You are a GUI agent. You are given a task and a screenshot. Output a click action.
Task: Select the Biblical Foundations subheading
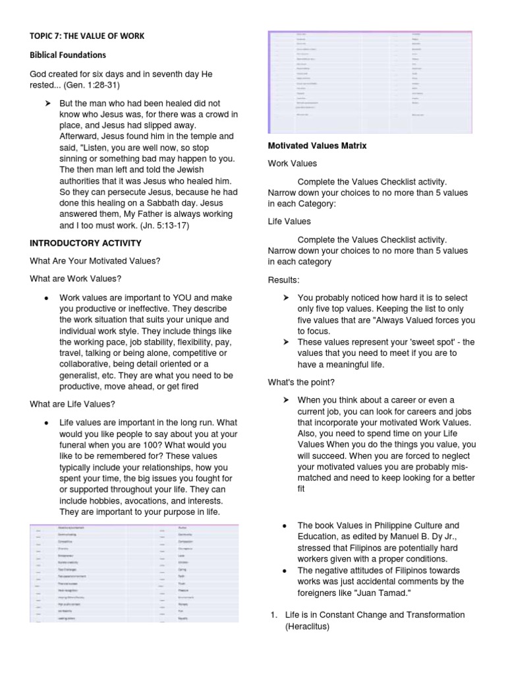click(x=68, y=55)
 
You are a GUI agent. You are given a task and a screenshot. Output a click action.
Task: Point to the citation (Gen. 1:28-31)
click(x=98, y=86)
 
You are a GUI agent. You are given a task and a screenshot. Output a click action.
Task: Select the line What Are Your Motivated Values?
click(x=95, y=261)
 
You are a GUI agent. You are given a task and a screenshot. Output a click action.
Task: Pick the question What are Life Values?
click(x=73, y=404)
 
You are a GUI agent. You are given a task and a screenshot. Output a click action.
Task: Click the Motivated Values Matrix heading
click(x=318, y=146)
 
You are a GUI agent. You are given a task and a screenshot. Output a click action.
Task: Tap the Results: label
click(x=283, y=280)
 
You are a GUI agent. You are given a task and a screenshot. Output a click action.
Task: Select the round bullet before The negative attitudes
click(x=283, y=571)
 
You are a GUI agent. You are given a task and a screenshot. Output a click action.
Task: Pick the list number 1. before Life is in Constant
click(x=274, y=615)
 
